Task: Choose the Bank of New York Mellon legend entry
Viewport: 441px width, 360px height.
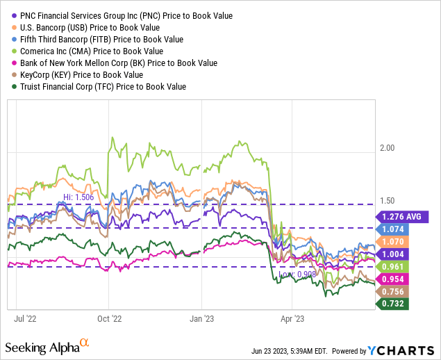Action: pos(117,63)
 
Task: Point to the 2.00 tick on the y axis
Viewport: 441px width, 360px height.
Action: pos(388,148)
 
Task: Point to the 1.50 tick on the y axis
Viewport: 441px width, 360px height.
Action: pos(388,200)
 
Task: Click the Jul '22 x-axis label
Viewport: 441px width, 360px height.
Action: pos(26,319)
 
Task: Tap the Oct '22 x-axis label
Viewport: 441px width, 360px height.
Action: pos(109,319)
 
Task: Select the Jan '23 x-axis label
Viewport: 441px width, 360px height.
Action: pos(201,319)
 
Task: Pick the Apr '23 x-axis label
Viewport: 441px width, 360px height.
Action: pos(292,319)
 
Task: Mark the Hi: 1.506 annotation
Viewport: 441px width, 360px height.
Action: pos(78,197)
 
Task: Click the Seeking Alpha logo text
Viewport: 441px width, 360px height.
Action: pos(43,346)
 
